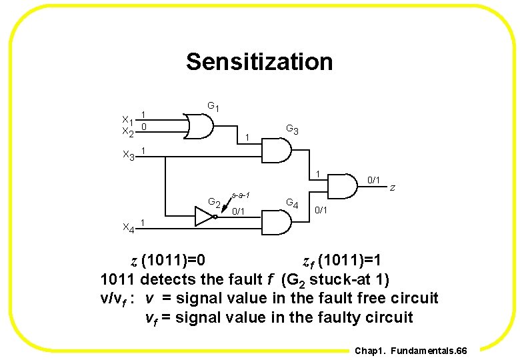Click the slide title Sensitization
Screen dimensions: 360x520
coord(259,61)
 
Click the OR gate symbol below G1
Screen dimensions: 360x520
coord(201,124)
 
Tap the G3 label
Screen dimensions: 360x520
coord(292,129)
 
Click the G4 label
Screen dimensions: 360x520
coord(292,202)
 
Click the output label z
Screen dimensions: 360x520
coord(393,188)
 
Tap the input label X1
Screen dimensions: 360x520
coord(127,120)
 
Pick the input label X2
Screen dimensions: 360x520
coord(127,132)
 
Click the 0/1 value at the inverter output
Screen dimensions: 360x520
coord(239,211)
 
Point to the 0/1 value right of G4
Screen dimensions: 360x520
coord(321,210)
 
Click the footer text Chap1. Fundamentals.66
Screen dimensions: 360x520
coord(411,351)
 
